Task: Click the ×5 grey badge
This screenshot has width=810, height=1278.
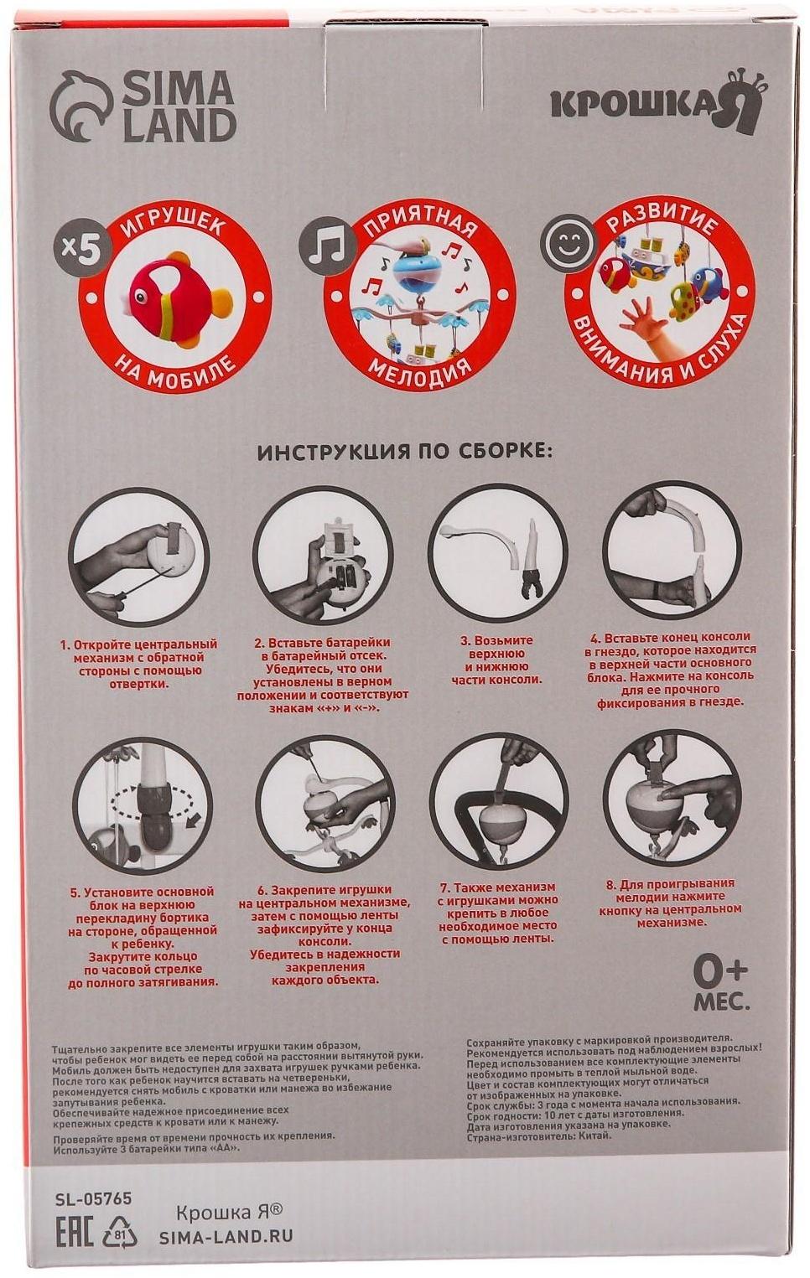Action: click(x=77, y=255)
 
